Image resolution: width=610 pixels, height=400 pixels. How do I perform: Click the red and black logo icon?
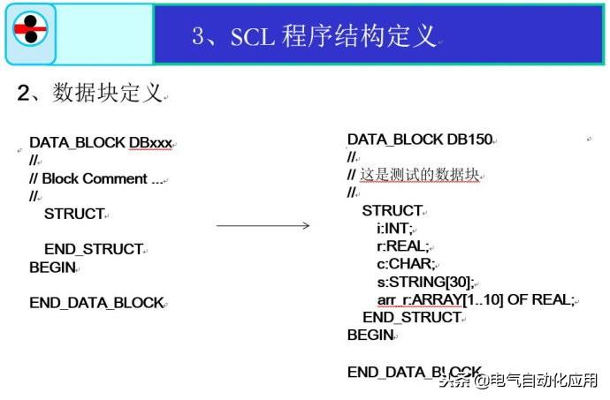30,34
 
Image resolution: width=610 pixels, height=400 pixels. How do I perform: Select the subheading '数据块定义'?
107,93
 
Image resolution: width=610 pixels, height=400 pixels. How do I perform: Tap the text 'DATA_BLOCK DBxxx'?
100,142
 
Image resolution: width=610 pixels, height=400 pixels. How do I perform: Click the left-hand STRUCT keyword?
73,214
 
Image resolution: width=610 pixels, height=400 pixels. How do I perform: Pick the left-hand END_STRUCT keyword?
93,249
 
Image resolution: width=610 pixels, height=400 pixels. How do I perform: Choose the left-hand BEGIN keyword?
53,267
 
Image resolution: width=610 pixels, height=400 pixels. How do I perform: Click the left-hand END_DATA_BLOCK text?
96,302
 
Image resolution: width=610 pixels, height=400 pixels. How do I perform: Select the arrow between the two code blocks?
263,226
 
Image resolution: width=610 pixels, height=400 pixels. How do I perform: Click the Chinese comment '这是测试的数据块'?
419,175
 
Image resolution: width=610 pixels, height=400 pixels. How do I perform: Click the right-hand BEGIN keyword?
370,336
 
